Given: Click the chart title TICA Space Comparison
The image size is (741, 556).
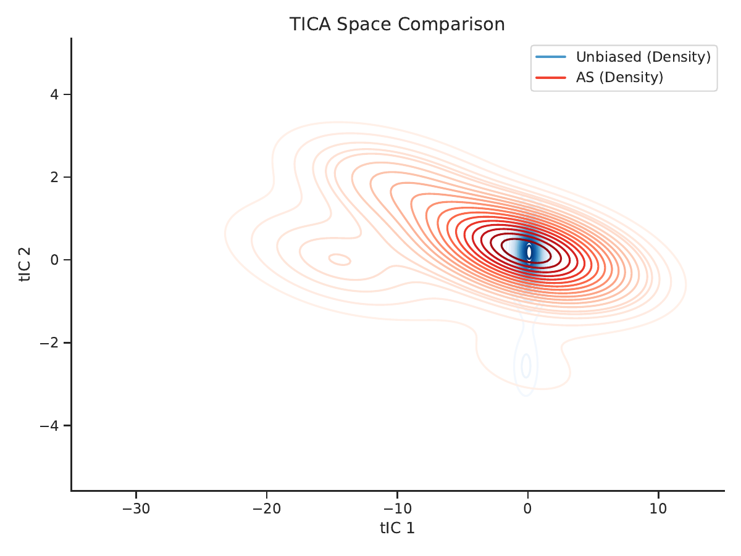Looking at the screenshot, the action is (x=397, y=24).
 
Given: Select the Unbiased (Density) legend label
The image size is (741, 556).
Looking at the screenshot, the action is (x=643, y=57).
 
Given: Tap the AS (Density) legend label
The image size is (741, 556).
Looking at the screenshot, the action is (x=619, y=78).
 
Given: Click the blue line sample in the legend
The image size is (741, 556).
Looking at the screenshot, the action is (x=551, y=57).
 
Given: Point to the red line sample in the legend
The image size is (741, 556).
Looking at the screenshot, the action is (x=551, y=78).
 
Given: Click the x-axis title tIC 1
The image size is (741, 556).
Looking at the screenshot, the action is (x=397, y=528).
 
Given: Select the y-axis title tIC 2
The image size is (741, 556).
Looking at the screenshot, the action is (x=25, y=264).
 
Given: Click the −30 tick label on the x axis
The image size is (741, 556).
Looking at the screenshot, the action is (x=136, y=508).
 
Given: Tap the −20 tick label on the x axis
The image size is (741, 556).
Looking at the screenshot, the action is (x=267, y=508).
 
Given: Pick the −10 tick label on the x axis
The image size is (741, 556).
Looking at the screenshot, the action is (x=397, y=508).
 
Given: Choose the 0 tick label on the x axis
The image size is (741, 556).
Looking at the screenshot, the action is (x=527, y=508).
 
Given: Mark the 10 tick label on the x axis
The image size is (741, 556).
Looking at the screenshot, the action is (x=658, y=508).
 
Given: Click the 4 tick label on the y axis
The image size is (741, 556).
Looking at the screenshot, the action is (x=54, y=94).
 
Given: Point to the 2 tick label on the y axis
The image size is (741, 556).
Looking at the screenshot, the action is (x=54, y=177).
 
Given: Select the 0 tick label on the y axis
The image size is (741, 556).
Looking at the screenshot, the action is (x=54, y=260).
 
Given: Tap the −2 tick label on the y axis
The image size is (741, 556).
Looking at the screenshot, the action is (x=49, y=342).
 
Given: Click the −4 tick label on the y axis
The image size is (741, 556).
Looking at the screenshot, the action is (x=49, y=425).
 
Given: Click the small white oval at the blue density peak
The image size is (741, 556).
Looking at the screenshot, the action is (x=529, y=252).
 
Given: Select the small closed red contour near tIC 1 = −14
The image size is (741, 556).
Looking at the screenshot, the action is (x=340, y=259).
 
